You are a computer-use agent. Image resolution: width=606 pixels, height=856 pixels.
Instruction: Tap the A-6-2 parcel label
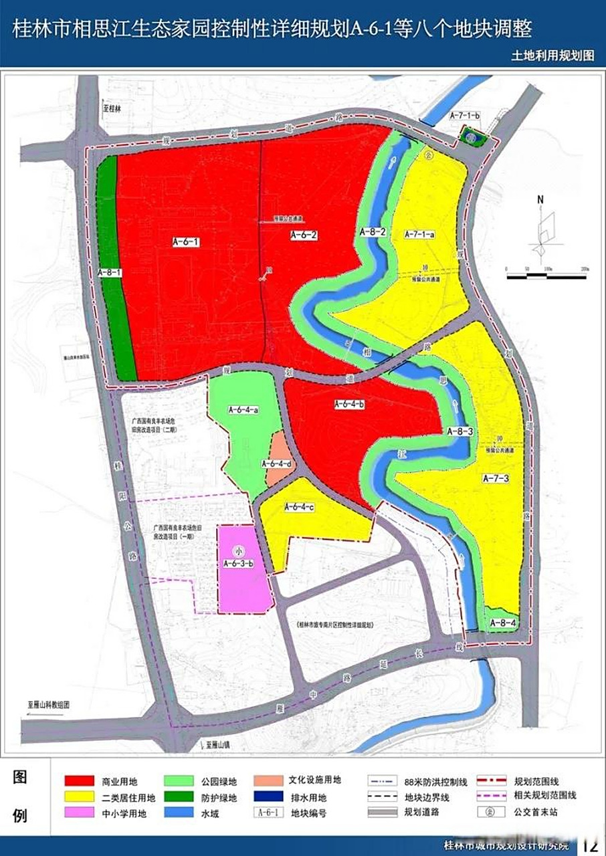[x=304, y=235]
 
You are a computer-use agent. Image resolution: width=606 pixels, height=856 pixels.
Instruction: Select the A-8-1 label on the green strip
[x=108, y=273]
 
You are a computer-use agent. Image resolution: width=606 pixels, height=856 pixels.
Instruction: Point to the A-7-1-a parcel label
[x=420, y=235]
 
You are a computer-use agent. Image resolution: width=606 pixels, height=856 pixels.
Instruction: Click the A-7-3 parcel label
[x=496, y=478]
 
